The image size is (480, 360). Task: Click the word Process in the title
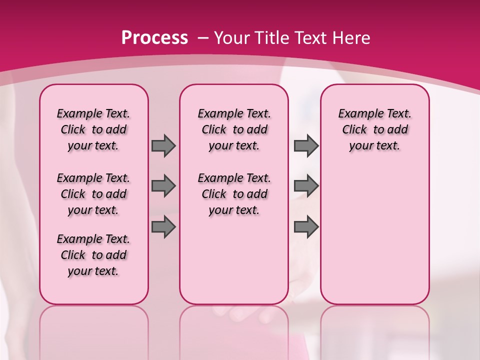[154, 38]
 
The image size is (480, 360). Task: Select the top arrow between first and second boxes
[163, 146]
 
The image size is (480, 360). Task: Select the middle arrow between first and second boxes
[163, 186]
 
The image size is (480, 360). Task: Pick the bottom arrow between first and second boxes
[163, 227]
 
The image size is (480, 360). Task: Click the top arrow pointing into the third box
[306, 146]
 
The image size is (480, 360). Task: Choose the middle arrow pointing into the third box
[306, 186]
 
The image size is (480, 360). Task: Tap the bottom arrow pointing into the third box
[306, 227]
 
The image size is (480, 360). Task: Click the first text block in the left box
[93, 129]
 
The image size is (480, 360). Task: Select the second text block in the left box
[93, 194]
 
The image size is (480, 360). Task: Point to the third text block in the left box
[93, 255]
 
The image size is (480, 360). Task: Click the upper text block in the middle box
[234, 129]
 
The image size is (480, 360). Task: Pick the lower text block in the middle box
[234, 194]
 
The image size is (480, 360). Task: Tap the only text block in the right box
[375, 129]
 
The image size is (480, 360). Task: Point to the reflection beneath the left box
[94, 330]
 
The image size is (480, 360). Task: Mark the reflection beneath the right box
[375, 330]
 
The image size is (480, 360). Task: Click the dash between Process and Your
[203, 38]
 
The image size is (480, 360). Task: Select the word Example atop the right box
[356, 114]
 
